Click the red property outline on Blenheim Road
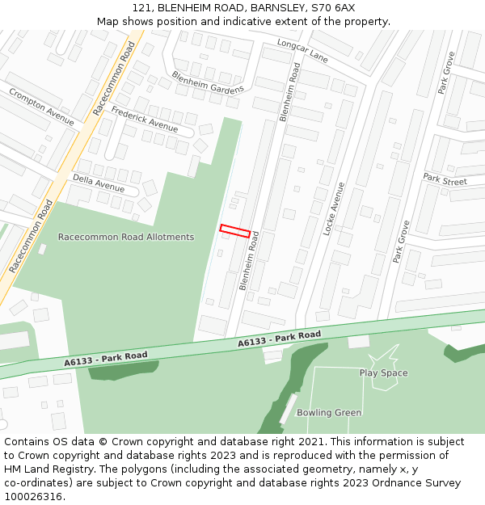(234, 231)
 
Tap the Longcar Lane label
(302, 51)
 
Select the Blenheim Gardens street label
(207, 82)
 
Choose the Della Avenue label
(99, 183)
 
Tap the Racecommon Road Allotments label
(126, 237)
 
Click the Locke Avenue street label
(334, 208)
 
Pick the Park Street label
(445, 179)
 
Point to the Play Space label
(383, 373)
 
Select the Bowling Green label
(328, 413)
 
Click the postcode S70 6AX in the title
(332, 7)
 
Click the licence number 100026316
(33, 497)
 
